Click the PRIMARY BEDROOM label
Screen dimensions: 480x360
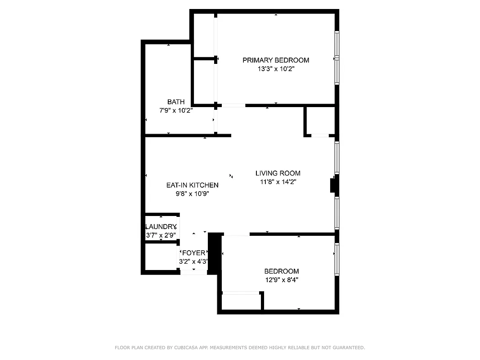(276, 60)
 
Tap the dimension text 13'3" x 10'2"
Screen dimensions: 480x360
(276, 69)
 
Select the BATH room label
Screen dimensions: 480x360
(175, 102)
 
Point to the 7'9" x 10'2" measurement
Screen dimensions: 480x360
(175, 111)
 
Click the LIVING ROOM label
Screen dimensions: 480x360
(278, 173)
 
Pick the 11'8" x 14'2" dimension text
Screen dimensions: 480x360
(278, 182)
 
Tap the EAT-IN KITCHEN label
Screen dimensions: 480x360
(192, 185)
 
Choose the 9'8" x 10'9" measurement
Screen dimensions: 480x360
(192, 194)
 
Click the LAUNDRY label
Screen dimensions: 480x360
(161, 227)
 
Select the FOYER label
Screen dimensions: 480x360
(193, 253)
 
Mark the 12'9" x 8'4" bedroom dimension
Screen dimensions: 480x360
(282, 280)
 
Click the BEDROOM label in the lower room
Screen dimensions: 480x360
(282, 271)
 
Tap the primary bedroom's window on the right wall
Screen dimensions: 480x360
(336, 58)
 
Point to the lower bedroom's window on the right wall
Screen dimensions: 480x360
(336, 260)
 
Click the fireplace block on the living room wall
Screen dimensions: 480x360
(333, 186)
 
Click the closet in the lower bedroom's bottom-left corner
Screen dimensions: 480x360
(242, 301)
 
